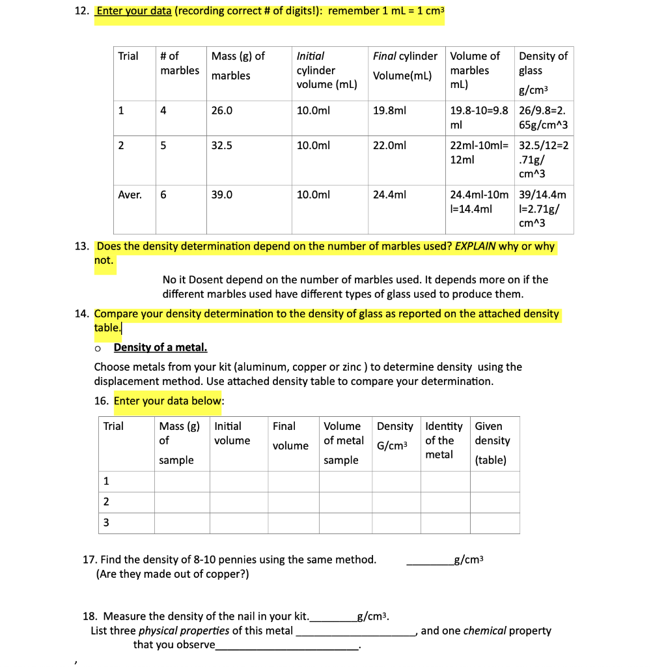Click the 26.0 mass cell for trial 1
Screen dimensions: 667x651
[222, 111]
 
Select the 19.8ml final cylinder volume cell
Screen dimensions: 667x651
[389, 111]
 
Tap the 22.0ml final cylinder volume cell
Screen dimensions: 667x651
[389, 146]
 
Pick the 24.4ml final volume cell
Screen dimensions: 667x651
[389, 194]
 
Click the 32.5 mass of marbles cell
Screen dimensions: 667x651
[222, 146]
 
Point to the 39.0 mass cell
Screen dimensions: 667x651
[222, 194]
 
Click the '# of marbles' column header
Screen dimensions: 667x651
[180, 63]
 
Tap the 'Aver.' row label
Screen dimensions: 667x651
[130, 194]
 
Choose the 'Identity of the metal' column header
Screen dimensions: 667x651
[443, 440]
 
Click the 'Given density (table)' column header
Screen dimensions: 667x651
[493, 443]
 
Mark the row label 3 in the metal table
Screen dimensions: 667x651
[107, 522]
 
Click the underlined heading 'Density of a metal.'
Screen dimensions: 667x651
[160, 347]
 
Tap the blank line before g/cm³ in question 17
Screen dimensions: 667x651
[430, 560]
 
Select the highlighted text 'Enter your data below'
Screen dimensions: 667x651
[168, 401]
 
